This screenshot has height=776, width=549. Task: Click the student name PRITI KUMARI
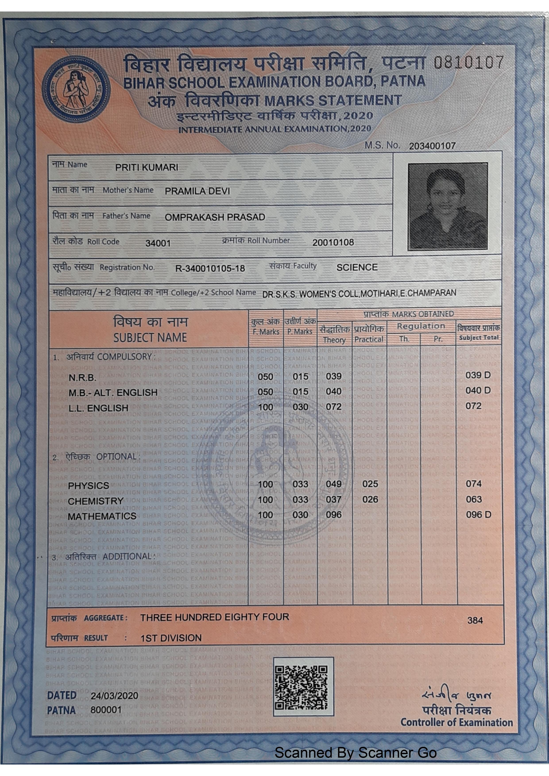pyautogui.click(x=147, y=168)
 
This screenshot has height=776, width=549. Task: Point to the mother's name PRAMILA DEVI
pyautogui.click(x=197, y=191)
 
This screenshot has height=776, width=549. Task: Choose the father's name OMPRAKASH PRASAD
pyautogui.click(x=215, y=217)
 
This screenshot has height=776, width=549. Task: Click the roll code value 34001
pyautogui.click(x=158, y=243)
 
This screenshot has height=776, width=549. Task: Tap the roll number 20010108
pyautogui.click(x=333, y=242)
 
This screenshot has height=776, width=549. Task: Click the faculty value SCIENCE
pyautogui.click(x=357, y=267)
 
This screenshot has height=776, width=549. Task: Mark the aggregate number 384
pyautogui.click(x=475, y=620)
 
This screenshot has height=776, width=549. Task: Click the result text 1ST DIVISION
pyautogui.click(x=171, y=638)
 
